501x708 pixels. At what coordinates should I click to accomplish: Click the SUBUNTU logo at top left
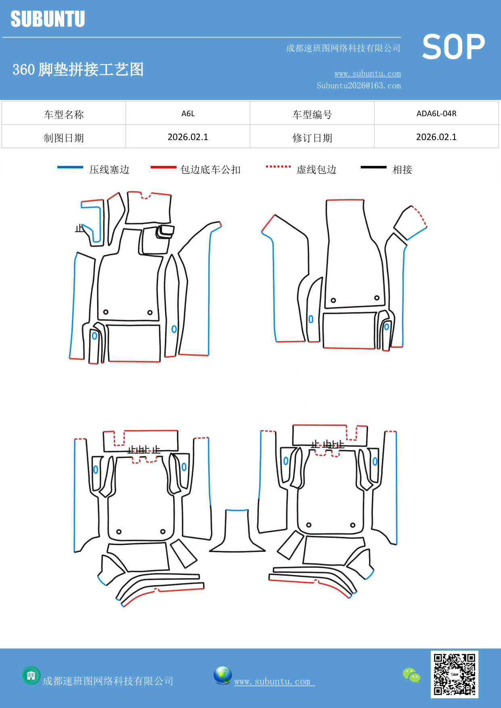[x=48, y=19]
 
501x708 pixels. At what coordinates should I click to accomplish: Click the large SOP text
[x=453, y=47]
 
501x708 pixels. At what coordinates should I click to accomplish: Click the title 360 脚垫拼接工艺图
[x=78, y=69]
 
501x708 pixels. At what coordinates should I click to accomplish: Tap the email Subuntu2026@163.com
[x=358, y=86]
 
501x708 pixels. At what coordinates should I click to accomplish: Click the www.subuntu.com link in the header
[x=367, y=73]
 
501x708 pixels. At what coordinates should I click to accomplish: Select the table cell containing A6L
[x=188, y=113]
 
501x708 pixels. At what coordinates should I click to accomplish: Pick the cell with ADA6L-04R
[x=436, y=113]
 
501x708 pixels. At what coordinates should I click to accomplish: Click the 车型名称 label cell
[x=64, y=114]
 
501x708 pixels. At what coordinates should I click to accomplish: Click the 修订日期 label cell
[x=312, y=138]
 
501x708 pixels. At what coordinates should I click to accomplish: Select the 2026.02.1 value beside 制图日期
[x=188, y=137]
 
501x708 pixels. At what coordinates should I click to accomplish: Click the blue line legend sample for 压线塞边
[x=70, y=167]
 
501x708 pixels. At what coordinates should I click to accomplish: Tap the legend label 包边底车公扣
[x=210, y=170]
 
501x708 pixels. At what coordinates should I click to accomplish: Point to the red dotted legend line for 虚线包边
[x=278, y=166]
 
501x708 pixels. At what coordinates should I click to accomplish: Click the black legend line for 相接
[x=373, y=167]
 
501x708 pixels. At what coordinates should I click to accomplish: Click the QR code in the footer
[x=454, y=674]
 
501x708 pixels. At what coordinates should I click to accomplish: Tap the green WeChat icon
[x=411, y=675]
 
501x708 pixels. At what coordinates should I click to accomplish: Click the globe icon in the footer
[x=222, y=675]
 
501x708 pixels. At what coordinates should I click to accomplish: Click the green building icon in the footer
[x=31, y=675]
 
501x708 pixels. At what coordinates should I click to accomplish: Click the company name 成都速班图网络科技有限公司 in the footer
[x=108, y=681]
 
